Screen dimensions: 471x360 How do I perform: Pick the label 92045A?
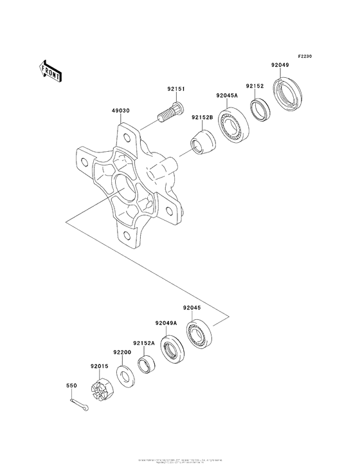pos(227,95)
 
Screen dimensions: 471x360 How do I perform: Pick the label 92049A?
pos(165,323)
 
